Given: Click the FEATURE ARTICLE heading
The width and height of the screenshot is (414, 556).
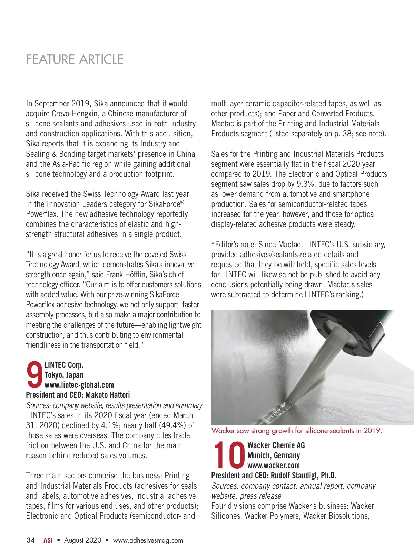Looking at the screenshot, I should pyautogui.click(x=75, y=59).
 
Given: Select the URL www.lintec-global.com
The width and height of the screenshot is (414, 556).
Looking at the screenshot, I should pyautogui.click(x=79, y=385).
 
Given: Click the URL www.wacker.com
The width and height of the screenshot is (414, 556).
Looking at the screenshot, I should pyautogui.click(x=274, y=465).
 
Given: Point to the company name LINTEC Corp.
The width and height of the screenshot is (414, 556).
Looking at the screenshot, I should pyautogui.click(x=64, y=365).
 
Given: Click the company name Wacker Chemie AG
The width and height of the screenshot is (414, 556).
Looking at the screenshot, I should pyautogui.click(x=276, y=445).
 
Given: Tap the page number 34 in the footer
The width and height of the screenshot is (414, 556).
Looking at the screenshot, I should pyautogui.click(x=30, y=540).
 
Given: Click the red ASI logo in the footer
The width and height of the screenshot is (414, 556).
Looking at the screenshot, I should pyautogui.click(x=48, y=540).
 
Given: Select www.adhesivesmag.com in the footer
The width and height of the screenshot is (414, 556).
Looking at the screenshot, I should pyautogui.click(x=148, y=540).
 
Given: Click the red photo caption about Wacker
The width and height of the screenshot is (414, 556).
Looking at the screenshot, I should pyautogui.click(x=296, y=431).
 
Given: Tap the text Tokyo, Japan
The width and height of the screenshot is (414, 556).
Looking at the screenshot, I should pyautogui.click(x=64, y=375).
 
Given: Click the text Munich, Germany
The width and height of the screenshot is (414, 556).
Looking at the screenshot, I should pyautogui.click(x=274, y=455).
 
